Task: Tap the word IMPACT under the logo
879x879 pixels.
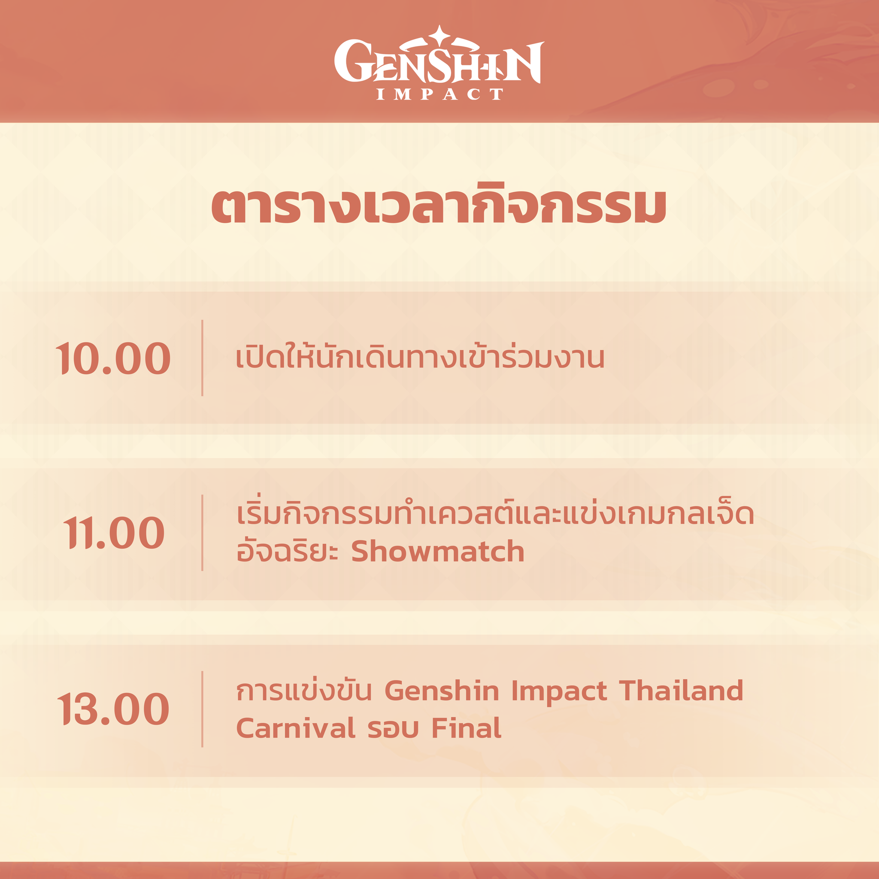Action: point(439,94)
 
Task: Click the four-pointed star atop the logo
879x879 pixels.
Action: point(439,35)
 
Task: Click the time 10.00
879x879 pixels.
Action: point(113,358)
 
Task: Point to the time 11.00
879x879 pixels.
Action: point(114,533)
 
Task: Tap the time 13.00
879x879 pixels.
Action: point(113,709)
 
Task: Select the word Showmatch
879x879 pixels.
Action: point(438,552)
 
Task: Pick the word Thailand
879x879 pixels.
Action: point(681,691)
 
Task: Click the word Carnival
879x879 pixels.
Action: point(296,728)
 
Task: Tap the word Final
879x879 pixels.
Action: point(467,728)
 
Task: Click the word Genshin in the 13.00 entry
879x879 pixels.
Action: point(442,691)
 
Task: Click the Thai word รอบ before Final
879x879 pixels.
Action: point(393,729)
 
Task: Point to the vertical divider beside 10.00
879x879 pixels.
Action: point(202,358)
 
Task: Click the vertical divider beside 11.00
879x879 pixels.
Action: point(202,532)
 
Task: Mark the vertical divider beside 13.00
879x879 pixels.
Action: point(202,709)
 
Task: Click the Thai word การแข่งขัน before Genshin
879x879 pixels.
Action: point(304,691)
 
